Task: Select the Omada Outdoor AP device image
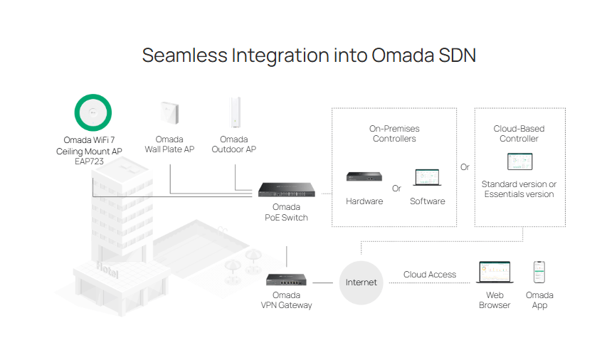pyautogui.click(x=234, y=114)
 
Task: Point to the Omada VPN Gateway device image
pyautogui.click(x=286, y=280)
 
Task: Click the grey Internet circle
pyautogui.click(x=361, y=282)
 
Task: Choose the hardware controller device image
pyautogui.click(x=364, y=178)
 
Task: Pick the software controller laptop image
pyautogui.click(x=427, y=178)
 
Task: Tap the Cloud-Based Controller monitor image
pyautogui.click(x=519, y=162)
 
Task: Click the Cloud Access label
pyautogui.click(x=430, y=275)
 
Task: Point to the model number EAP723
pyautogui.click(x=89, y=162)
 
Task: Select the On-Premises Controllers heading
pyautogui.click(x=394, y=134)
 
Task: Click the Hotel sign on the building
pyautogui.click(x=108, y=271)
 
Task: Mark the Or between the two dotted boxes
pyautogui.click(x=465, y=167)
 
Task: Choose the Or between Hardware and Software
pyautogui.click(x=396, y=189)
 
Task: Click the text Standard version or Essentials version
pyautogui.click(x=519, y=189)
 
